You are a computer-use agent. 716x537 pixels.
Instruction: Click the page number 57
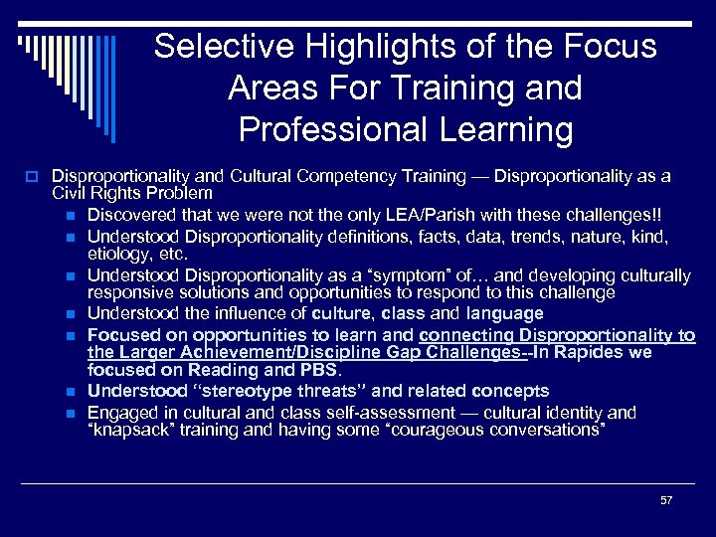click(666, 500)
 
